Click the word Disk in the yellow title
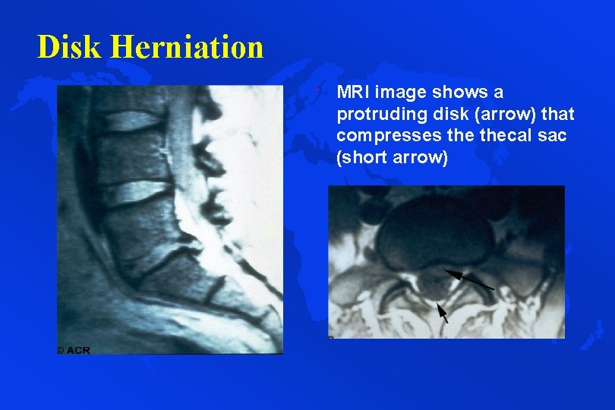tap(71, 47)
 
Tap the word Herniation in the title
tap(187, 47)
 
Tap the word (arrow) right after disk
tap(493, 115)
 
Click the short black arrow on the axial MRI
tap(442, 312)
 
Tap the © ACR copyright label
tap(73, 349)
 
